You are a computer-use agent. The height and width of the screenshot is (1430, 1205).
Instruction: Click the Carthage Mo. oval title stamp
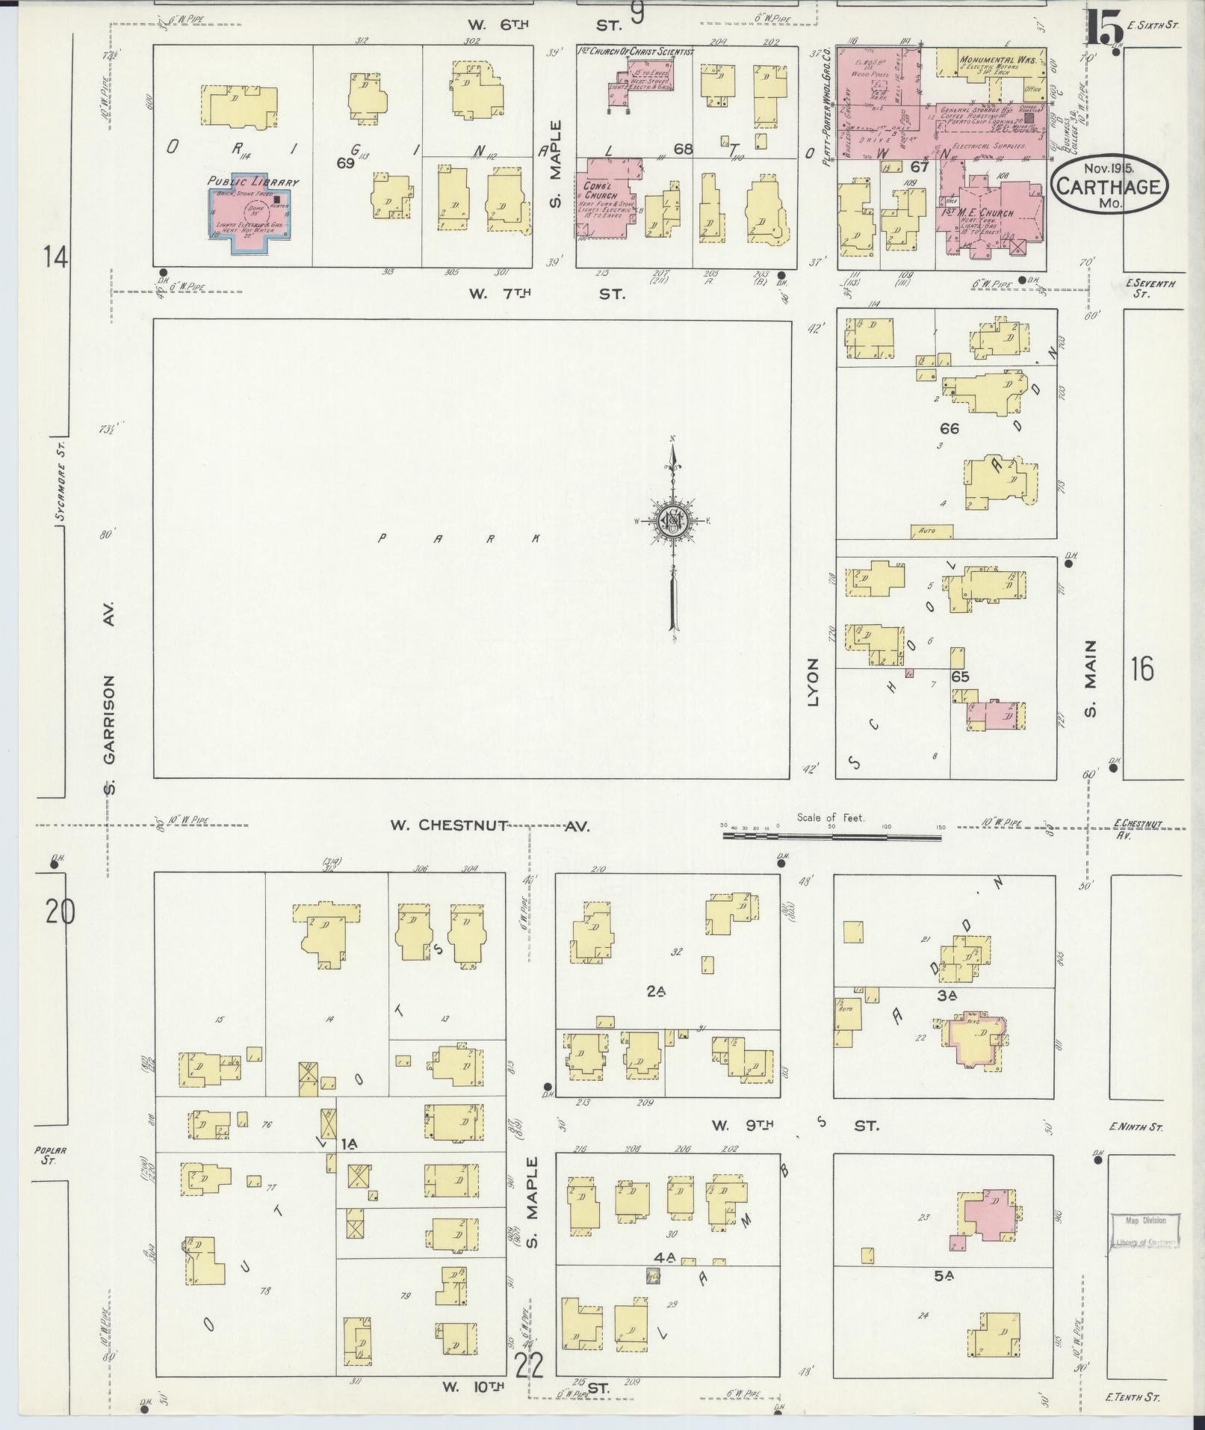click(x=1109, y=185)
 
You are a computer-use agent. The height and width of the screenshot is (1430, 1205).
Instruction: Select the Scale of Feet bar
click(x=831, y=836)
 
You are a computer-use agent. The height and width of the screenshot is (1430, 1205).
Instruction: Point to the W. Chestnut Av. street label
click(x=489, y=826)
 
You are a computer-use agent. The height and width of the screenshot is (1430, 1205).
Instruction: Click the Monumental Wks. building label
click(x=997, y=60)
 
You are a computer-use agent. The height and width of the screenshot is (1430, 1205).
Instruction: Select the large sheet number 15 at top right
click(x=1104, y=30)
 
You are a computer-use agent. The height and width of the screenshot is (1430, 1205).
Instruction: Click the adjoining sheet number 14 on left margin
click(x=55, y=258)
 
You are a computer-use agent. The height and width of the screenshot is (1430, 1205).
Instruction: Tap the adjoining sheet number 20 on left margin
click(x=60, y=912)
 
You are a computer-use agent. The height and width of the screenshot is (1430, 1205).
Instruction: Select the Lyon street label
click(x=814, y=682)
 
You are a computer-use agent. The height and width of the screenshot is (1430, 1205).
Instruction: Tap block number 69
click(x=344, y=163)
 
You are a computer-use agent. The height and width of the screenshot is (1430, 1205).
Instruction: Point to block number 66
click(x=949, y=429)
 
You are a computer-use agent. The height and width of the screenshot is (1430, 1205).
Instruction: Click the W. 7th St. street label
click(x=545, y=295)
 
